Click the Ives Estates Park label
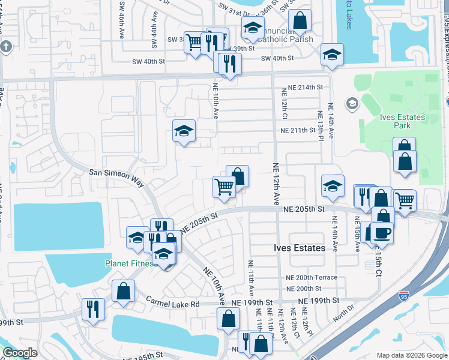[x=403, y=121]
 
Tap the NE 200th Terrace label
[x=311, y=278]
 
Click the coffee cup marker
[x=381, y=232]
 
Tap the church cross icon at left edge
[x=5, y=47]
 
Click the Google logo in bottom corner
[x=20, y=353]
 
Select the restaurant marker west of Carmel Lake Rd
[x=92, y=308]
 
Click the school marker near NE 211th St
[x=184, y=130]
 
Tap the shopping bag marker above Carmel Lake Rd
[x=123, y=291]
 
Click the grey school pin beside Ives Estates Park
[x=352, y=104]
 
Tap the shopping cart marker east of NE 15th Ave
[x=405, y=200]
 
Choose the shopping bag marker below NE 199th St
[x=228, y=319]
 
